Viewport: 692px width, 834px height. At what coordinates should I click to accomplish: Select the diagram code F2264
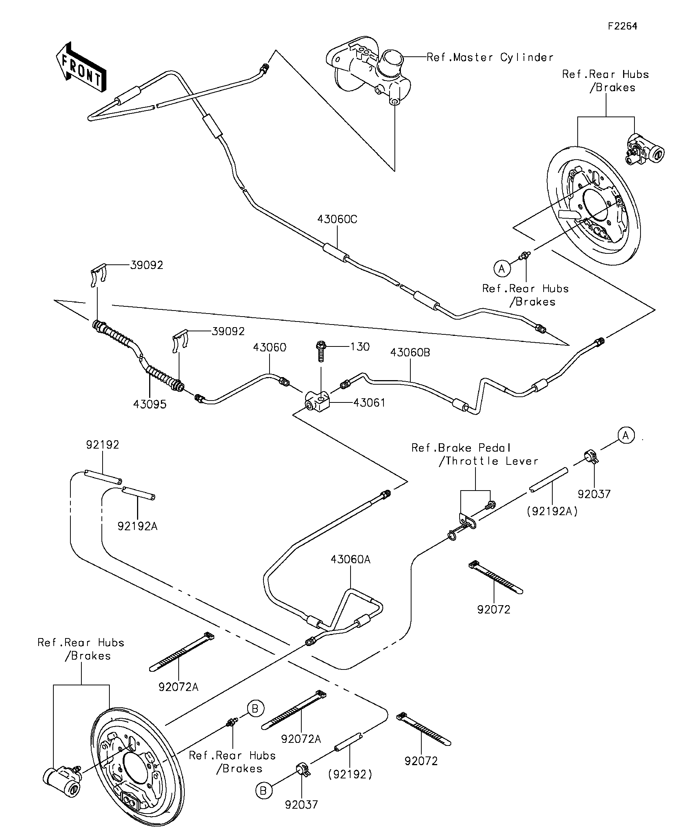[622, 26]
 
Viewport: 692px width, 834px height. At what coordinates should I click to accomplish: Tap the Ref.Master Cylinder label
[490, 57]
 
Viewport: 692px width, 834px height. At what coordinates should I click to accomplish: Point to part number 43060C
[337, 219]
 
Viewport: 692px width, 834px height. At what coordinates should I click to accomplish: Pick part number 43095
[150, 404]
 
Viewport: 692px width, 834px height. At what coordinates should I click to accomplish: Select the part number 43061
[369, 403]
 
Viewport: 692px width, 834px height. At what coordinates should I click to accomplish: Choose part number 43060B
[410, 353]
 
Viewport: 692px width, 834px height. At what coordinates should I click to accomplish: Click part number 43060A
[350, 559]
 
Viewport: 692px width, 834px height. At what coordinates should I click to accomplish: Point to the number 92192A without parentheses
[137, 526]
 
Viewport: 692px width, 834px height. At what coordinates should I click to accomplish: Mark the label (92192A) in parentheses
[552, 511]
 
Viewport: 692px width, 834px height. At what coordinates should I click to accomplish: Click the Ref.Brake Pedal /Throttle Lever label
[475, 454]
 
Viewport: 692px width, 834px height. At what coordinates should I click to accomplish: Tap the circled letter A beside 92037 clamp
[626, 436]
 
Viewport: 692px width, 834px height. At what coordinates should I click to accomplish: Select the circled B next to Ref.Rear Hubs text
[255, 708]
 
